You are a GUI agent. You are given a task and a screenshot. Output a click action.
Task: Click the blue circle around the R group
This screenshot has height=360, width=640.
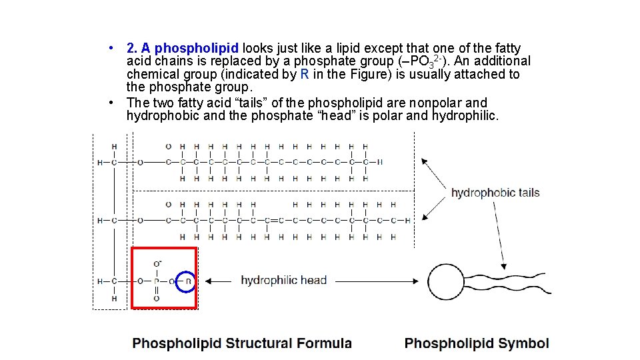[x=188, y=281]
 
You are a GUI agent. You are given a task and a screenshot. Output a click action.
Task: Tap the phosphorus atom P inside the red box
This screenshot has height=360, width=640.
[x=157, y=281]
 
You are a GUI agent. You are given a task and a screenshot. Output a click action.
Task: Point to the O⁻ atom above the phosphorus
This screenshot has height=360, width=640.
[x=157, y=264]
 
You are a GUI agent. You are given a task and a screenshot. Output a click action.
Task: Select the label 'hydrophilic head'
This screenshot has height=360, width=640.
[x=283, y=280]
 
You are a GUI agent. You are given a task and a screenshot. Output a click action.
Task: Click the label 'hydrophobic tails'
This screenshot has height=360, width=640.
[x=495, y=193]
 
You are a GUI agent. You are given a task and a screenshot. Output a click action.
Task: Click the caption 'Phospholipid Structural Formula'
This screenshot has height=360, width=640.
[x=242, y=343]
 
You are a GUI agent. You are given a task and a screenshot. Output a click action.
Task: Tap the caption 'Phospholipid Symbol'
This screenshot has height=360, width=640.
[x=477, y=343]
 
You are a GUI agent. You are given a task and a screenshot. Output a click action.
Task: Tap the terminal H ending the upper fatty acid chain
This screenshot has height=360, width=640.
[x=379, y=162]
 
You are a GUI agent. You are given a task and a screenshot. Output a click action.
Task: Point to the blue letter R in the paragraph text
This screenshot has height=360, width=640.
[x=304, y=75]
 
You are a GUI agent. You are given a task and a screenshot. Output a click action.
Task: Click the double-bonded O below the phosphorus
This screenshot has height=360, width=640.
[x=157, y=299]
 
